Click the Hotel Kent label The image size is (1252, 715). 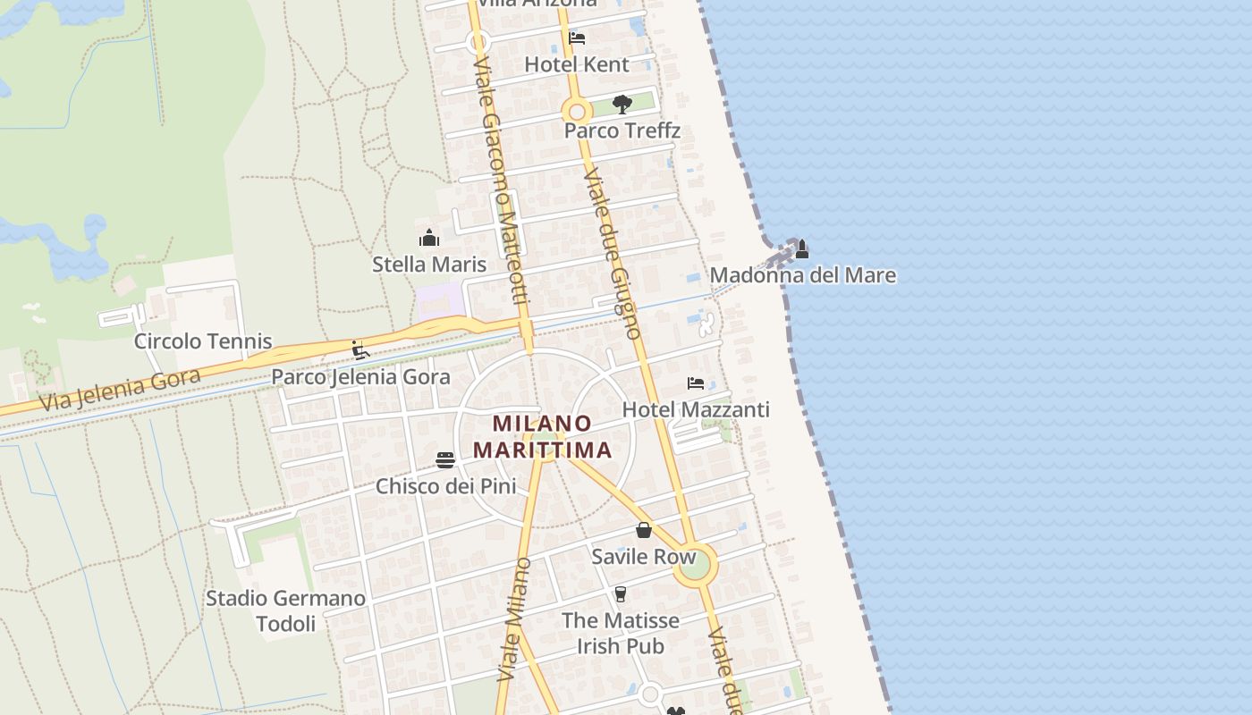point(577,64)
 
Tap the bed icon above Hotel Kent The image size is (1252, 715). point(577,38)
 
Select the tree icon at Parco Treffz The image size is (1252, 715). point(622,105)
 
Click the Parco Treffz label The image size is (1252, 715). point(622,130)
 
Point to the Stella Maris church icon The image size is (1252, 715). point(429,239)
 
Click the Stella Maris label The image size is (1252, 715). point(429,265)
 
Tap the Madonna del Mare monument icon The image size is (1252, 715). point(802,248)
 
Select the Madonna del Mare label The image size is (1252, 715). point(802,275)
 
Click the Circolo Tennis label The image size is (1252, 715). point(203,341)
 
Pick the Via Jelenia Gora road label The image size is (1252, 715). point(120,390)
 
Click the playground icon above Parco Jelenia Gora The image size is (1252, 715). point(360,350)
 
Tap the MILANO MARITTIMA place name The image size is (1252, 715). point(543,436)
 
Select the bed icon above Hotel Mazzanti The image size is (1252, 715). point(696,383)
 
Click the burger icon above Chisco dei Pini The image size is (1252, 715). point(445,460)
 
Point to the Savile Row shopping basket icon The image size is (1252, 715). point(643,531)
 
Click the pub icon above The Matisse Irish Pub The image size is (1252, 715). point(620,594)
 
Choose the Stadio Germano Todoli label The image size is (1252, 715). point(286,610)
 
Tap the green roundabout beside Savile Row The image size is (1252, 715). point(695,564)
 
